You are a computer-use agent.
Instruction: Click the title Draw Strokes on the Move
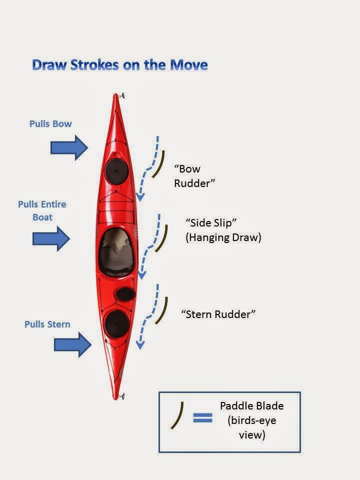coord(119,64)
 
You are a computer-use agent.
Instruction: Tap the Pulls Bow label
coord(50,123)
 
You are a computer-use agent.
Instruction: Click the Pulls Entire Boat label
coord(42,210)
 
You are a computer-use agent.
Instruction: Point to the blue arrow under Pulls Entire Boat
coord(51,238)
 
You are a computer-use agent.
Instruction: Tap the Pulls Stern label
coord(47,324)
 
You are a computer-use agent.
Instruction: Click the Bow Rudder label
coord(194,176)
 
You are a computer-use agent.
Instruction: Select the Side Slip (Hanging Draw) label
coord(223,230)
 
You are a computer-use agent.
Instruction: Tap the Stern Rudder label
coord(218,314)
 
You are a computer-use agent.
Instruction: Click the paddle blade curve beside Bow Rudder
coord(160,163)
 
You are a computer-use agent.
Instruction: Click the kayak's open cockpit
coord(116,252)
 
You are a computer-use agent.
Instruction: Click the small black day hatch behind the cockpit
coord(125,294)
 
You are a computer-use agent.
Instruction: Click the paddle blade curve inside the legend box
coord(178,415)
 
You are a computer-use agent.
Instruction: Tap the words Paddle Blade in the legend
coord(252,406)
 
